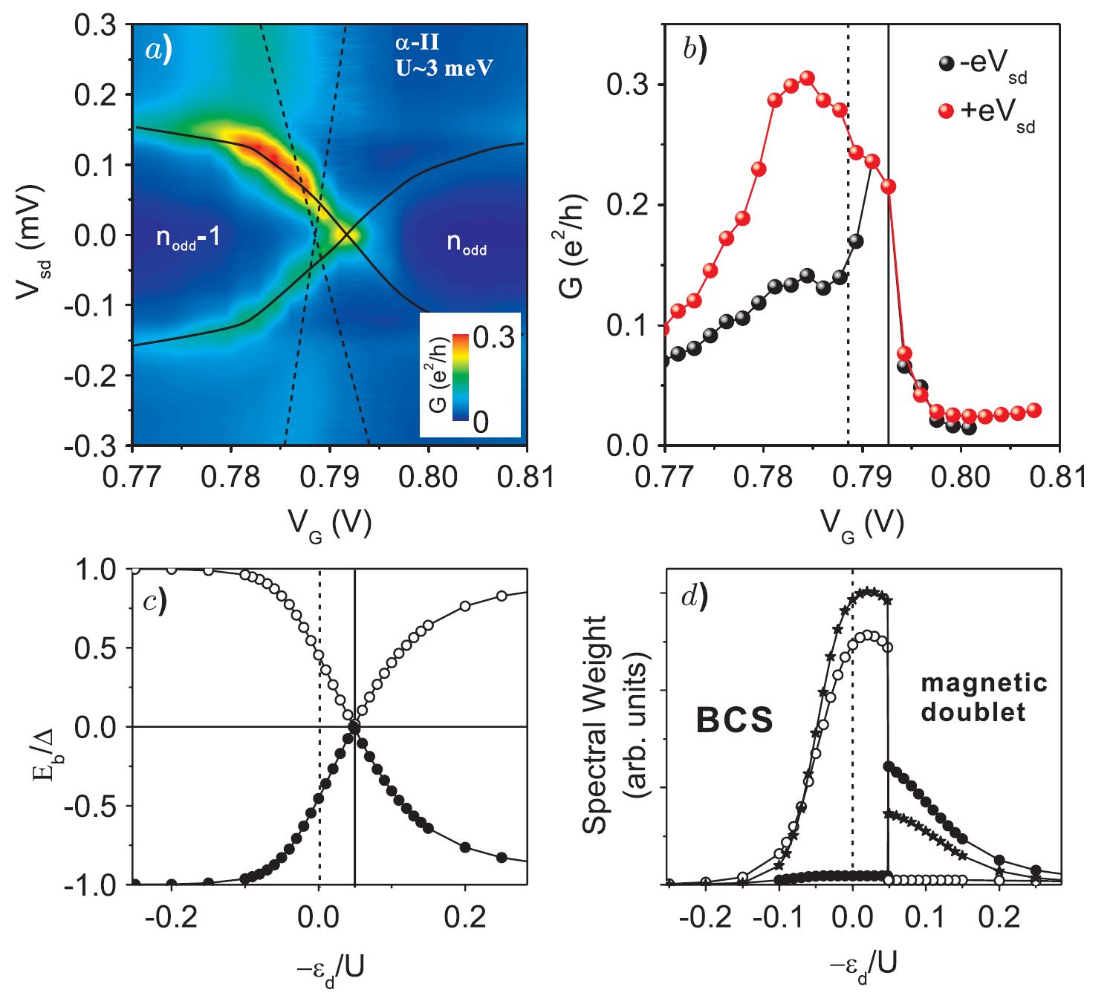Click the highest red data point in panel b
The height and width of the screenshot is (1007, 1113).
point(807,78)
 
